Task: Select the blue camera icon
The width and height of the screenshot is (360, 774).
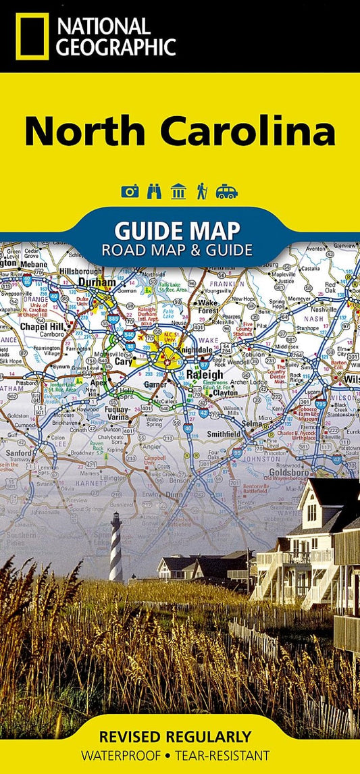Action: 130,192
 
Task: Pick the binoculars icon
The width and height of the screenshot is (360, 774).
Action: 154,192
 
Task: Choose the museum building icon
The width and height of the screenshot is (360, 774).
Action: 178,192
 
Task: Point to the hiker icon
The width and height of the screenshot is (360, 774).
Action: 201,192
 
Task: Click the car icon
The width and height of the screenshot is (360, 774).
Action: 226,192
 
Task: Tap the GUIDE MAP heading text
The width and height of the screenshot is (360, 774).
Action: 177,231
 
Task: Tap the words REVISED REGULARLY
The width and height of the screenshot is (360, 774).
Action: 175,736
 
